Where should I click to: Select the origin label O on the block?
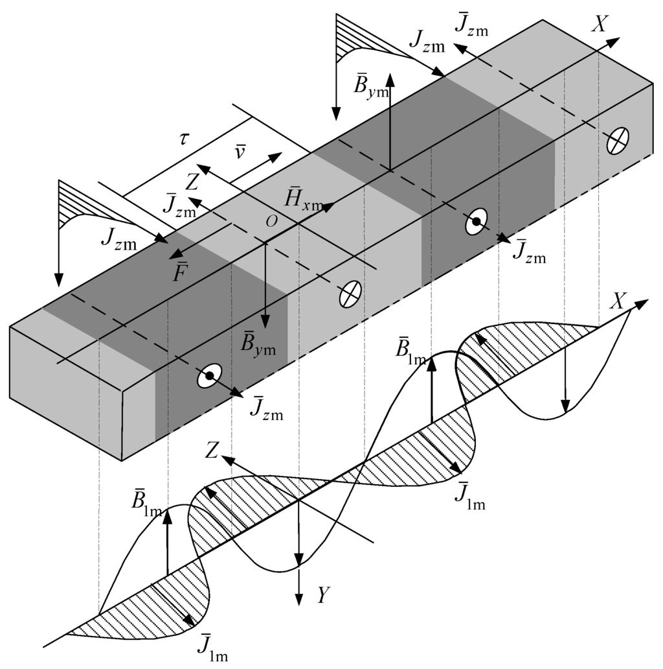click(271, 220)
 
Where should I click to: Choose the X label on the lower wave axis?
click(620, 300)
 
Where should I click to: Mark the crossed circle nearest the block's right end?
click(618, 141)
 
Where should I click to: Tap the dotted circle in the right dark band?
click(476, 222)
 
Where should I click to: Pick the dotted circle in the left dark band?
click(209, 375)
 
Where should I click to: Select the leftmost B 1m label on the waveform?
click(147, 502)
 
